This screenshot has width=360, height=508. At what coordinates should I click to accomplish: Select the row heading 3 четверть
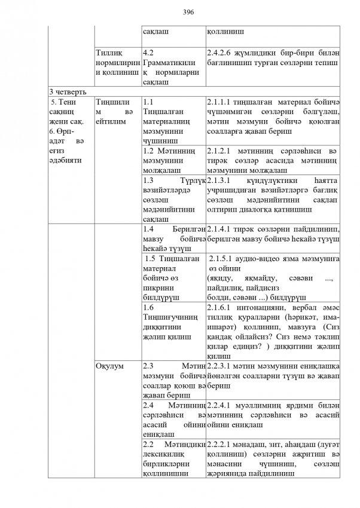[69, 92]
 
